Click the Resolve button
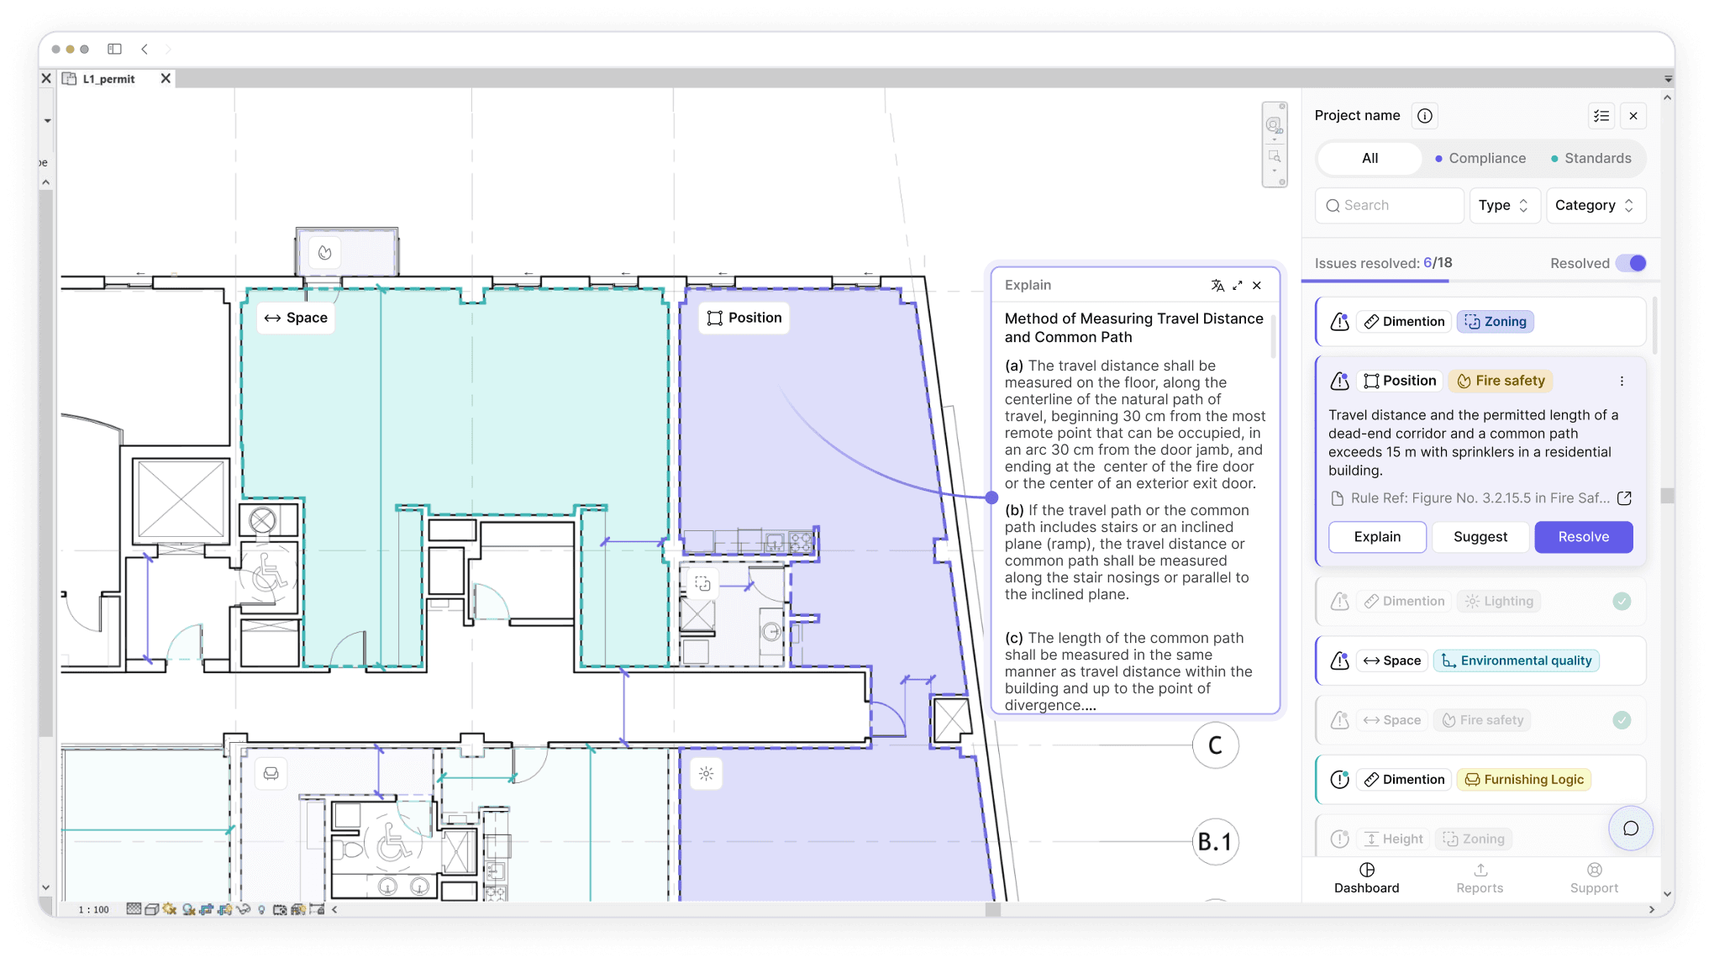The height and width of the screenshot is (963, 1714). tap(1583, 537)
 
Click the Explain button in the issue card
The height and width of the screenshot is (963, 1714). tap(1377, 537)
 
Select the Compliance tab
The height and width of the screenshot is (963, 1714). tap(1480, 158)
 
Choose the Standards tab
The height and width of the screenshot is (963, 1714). tap(1590, 158)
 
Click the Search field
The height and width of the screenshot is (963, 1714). tap(1390, 205)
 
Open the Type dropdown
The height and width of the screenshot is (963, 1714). tap(1504, 205)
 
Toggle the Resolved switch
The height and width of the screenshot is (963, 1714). tap(1632, 263)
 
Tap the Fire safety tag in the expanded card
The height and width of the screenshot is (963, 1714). tap(1501, 381)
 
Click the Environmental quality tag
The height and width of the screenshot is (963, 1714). tap(1517, 660)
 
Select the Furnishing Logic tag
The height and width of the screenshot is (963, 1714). tap(1524, 780)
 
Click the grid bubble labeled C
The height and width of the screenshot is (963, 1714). tap(1215, 745)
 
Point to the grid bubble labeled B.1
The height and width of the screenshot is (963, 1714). tap(1215, 841)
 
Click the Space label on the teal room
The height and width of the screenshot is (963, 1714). tap(296, 318)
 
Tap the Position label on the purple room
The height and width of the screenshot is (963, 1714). tap(744, 318)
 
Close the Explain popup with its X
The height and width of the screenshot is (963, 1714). tap(1257, 286)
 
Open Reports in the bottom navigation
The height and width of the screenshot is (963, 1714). tap(1480, 878)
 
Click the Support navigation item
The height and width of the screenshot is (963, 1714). tap(1594, 878)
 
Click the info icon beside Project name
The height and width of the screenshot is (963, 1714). tap(1425, 116)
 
